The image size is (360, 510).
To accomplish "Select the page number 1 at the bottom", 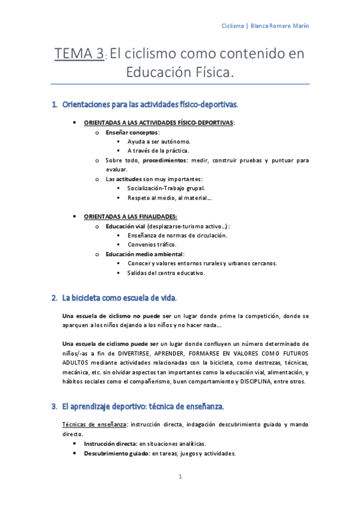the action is click(180, 477).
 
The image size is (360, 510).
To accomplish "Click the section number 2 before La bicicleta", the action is click(54, 298).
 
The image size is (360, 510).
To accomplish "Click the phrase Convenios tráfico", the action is click(151, 245).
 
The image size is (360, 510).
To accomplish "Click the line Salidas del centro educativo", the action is click(166, 273).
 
